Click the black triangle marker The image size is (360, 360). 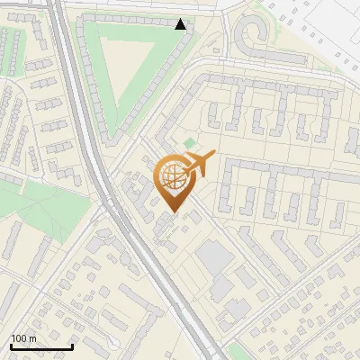[x=181, y=24]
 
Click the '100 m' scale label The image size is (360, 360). [x=23, y=338]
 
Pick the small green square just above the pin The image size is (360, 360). [x=189, y=144]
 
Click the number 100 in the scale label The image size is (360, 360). [x=19, y=338]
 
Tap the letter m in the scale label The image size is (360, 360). [x=32, y=338]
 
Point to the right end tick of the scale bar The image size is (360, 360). [x=72, y=345]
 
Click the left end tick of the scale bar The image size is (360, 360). [x=10, y=345]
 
